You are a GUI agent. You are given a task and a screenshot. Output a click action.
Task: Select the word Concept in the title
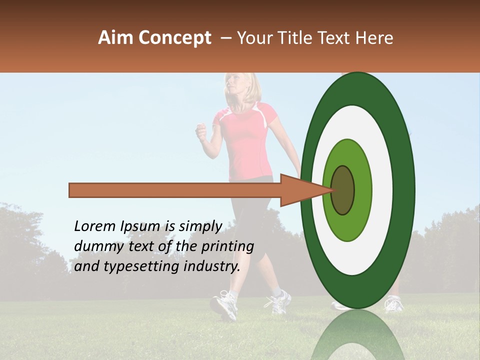coord(175,38)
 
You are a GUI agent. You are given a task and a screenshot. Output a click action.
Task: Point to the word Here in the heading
coord(375,38)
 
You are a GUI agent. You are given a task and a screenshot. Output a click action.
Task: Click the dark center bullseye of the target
coord(343,190)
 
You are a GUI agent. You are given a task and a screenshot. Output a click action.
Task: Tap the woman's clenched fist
coord(201,132)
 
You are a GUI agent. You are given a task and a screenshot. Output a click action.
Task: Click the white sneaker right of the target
coord(394,303)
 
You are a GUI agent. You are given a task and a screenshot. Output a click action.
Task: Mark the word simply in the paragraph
coord(200,227)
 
